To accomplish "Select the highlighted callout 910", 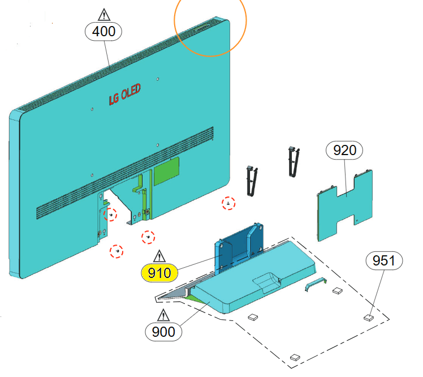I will click(159, 273).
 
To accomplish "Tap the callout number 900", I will click(164, 331).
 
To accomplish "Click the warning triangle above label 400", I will click(103, 14).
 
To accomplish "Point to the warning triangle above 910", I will click(159, 255).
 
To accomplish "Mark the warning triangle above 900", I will click(164, 314).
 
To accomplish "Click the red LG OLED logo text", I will click(124, 95).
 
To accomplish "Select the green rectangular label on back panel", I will click(167, 169).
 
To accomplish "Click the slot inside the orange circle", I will click(201, 25).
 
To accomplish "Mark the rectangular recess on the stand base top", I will click(269, 280).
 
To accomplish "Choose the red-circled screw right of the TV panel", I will click(228, 203).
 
